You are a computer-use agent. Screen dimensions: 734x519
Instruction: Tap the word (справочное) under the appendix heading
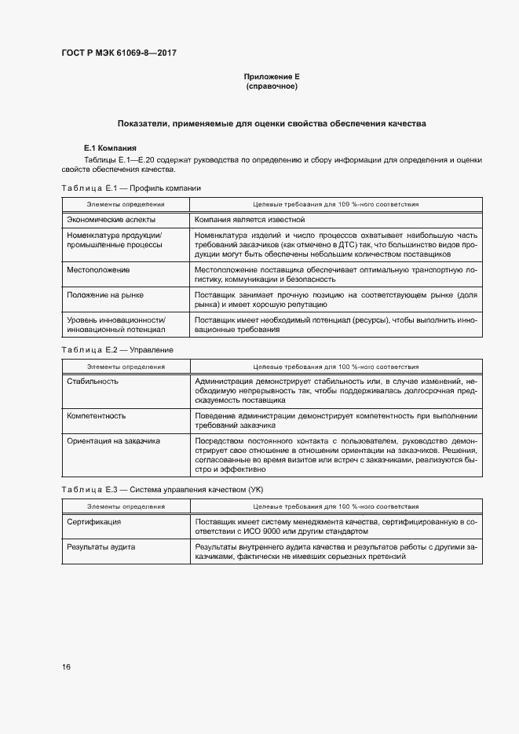coord(271,86)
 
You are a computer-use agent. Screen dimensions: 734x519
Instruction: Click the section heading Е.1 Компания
coord(110,148)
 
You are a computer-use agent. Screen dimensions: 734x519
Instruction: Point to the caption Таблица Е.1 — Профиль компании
coord(131,188)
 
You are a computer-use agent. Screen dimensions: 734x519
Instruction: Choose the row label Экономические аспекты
coord(111,220)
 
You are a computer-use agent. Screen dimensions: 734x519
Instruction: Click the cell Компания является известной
coord(249,220)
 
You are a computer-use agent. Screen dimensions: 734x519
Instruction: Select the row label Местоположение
coord(99,269)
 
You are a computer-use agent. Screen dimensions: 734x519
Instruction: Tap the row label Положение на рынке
coord(105,294)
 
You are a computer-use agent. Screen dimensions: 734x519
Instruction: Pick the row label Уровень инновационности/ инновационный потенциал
coord(116,325)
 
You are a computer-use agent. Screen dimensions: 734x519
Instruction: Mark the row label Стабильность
coord(93,381)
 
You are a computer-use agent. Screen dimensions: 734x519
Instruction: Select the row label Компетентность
coord(97,415)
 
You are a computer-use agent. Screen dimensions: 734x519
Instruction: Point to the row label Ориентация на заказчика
coord(114,441)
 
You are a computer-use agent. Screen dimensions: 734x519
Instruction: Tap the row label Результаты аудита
coord(101,546)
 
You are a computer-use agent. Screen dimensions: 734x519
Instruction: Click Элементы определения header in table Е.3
coord(125,506)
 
